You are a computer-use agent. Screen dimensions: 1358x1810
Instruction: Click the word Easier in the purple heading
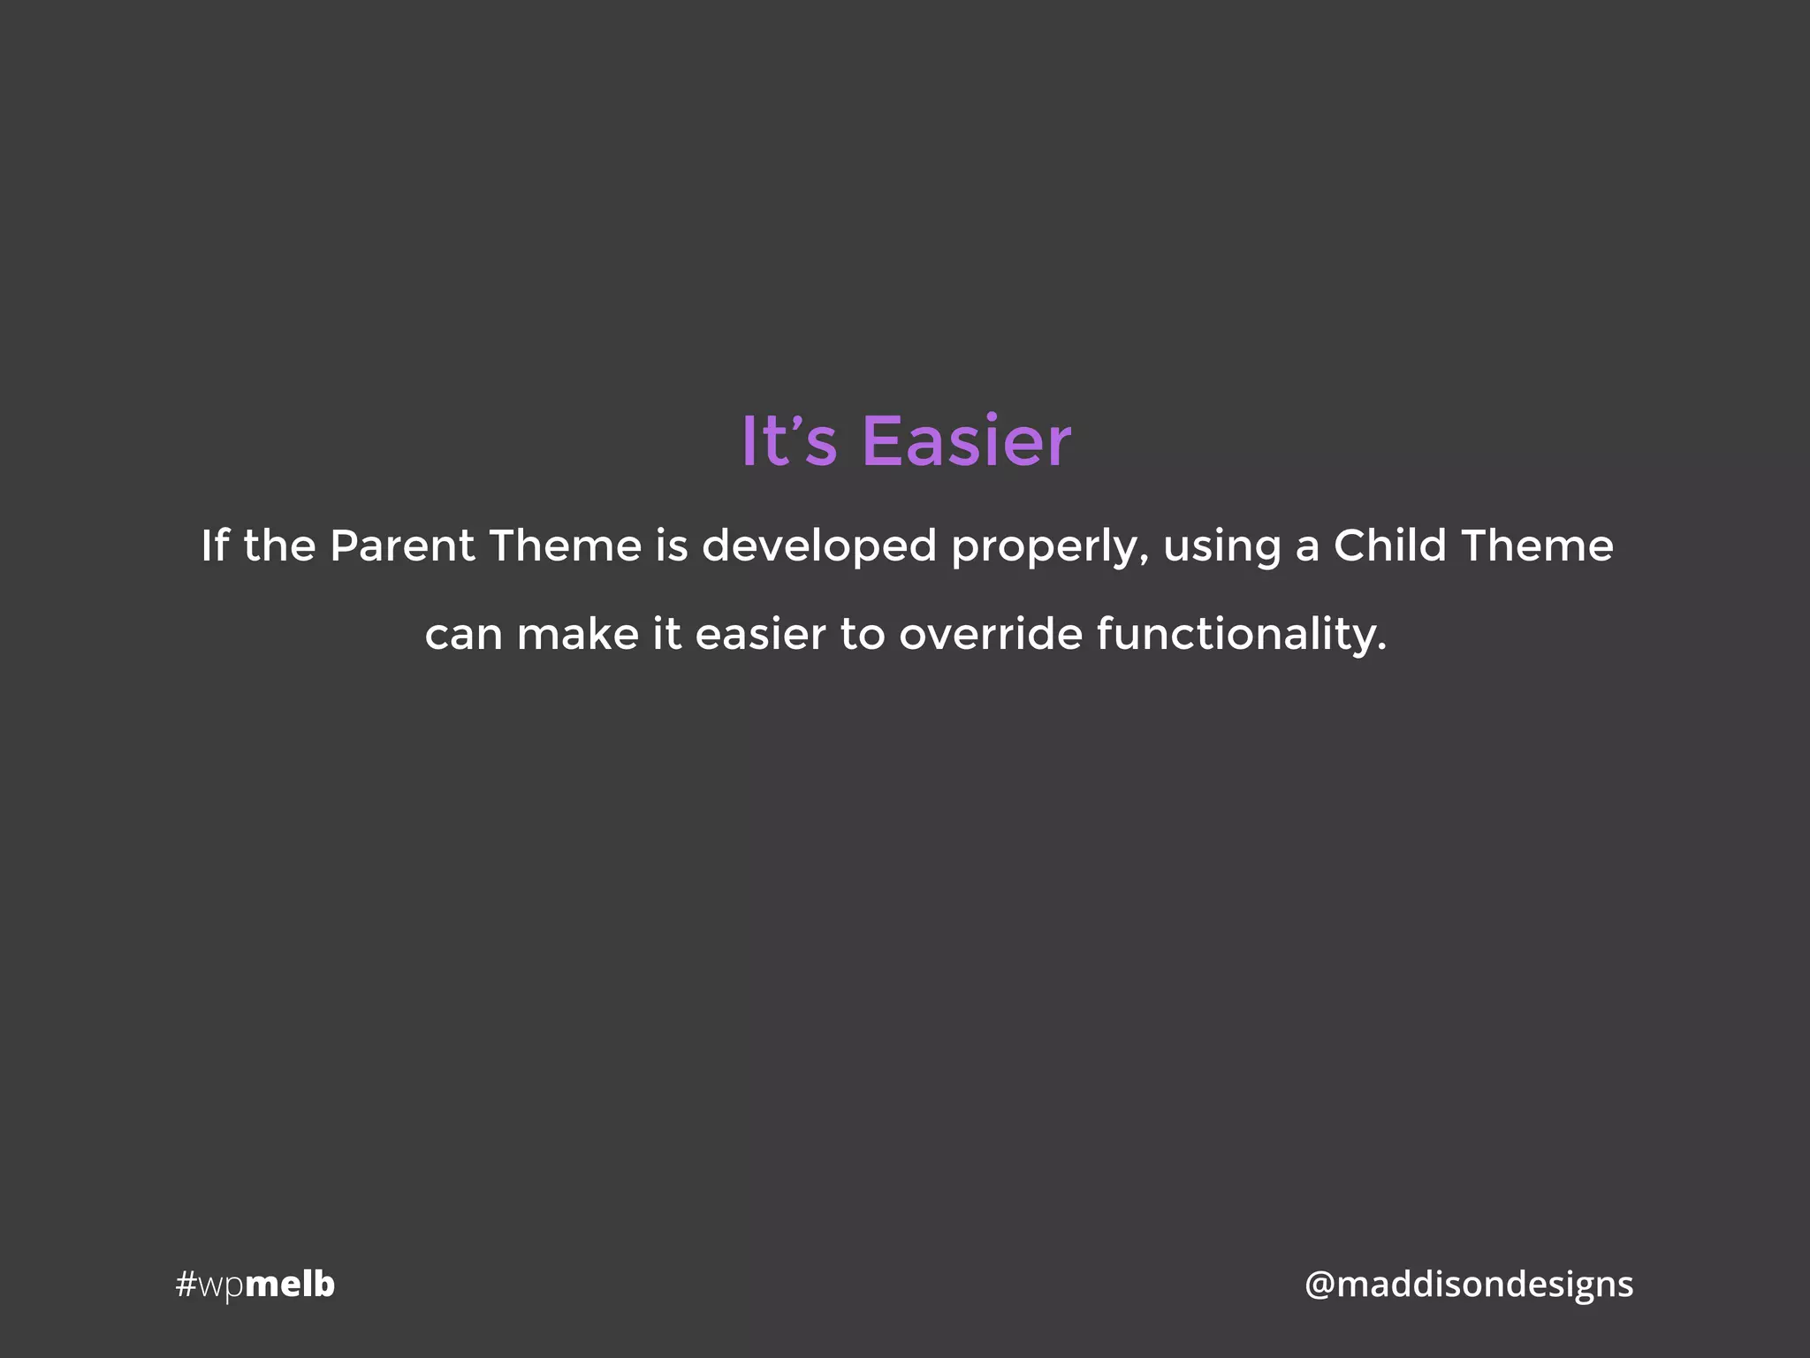[966, 440]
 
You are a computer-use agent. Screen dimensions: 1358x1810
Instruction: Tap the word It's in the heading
[787, 440]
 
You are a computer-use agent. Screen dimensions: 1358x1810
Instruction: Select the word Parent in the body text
[402, 545]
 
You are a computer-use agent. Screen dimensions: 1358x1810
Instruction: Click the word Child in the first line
[1389, 545]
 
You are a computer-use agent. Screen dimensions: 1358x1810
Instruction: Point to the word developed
[818, 545]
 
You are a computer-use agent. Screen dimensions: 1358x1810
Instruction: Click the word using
[1221, 547]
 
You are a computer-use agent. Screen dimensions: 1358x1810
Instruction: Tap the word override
[990, 634]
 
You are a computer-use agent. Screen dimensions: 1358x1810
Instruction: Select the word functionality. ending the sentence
[1241, 634]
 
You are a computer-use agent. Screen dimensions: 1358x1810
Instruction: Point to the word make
[577, 634]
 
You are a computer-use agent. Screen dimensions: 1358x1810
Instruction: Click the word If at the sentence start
[215, 545]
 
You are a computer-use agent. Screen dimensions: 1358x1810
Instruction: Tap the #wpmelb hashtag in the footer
[255, 1285]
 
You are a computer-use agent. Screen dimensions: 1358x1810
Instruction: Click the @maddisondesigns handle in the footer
[1469, 1285]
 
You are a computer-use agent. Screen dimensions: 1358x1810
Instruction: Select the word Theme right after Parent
[565, 545]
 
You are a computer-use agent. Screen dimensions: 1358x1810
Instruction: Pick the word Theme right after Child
[1537, 545]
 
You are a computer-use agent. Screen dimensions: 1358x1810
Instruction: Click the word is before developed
[672, 545]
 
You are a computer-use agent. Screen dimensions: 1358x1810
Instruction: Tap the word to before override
[862, 634]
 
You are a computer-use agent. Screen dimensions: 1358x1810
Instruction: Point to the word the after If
[279, 545]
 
